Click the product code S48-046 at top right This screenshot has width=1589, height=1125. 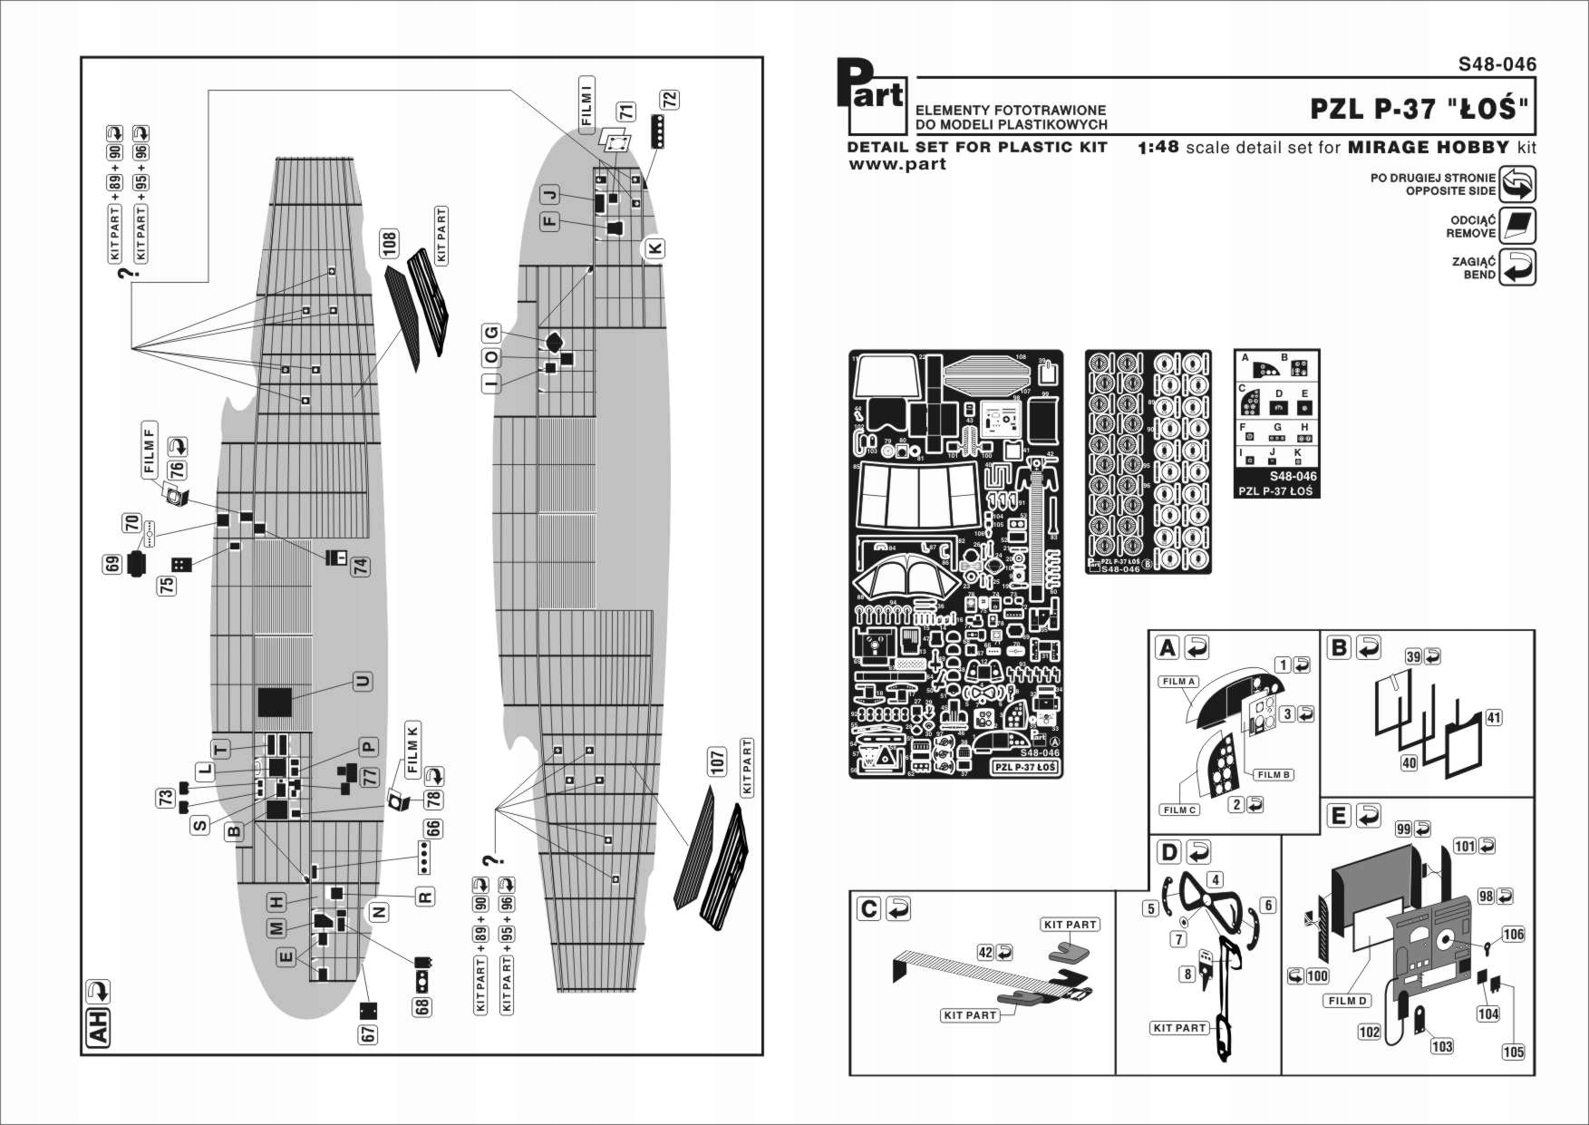tap(1497, 64)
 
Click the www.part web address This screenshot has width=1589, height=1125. tap(896, 164)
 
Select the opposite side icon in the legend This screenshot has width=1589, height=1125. tap(1517, 185)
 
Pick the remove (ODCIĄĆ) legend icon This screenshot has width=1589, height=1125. tap(1517, 227)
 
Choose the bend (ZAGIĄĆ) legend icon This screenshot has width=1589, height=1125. tap(1517, 268)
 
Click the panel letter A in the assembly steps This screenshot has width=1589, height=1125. tap(1168, 648)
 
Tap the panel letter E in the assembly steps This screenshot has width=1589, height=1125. tap(1338, 816)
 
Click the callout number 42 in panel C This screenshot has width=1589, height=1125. tap(986, 953)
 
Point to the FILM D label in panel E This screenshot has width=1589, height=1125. tap(1347, 1001)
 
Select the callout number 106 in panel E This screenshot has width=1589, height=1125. tap(1513, 935)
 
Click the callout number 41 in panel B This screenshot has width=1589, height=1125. tap(1493, 718)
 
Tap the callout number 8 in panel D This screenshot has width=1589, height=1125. tap(1187, 975)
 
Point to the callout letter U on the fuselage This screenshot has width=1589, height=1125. tap(363, 682)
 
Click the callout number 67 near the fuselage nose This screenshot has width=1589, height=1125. tap(368, 1033)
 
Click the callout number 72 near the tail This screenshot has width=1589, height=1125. tap(669, 100)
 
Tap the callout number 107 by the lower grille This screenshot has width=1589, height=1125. tap(717, 762)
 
